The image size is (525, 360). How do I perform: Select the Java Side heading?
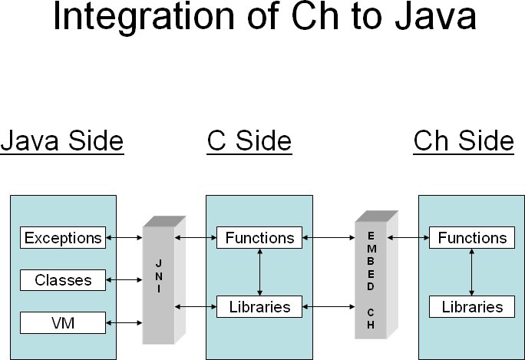(62, 141)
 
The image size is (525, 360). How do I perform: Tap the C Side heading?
(249, 141)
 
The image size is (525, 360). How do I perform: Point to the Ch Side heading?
(464, 141)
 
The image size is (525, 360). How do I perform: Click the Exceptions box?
(63, 238)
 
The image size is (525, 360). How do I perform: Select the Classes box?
(63, 280)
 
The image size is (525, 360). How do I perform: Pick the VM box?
(63, 323)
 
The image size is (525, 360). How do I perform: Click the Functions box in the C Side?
(259, 238)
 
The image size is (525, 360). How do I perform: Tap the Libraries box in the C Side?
(259, 307)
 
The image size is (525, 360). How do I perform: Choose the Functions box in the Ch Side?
(472, 238)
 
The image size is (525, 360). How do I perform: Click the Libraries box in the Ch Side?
(472, 307)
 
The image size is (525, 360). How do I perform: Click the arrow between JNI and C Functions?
(196, 238)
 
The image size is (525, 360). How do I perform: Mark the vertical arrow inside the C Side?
(259, 272)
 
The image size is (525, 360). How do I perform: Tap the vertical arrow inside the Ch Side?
(472, 272)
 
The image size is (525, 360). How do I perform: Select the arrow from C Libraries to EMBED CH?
(329, 307)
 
